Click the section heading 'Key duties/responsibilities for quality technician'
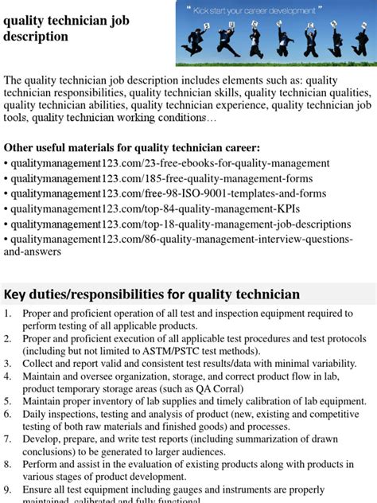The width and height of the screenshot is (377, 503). point(152,294)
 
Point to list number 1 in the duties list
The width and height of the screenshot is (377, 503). point(7,314)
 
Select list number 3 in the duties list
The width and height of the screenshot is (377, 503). point(7,363)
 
